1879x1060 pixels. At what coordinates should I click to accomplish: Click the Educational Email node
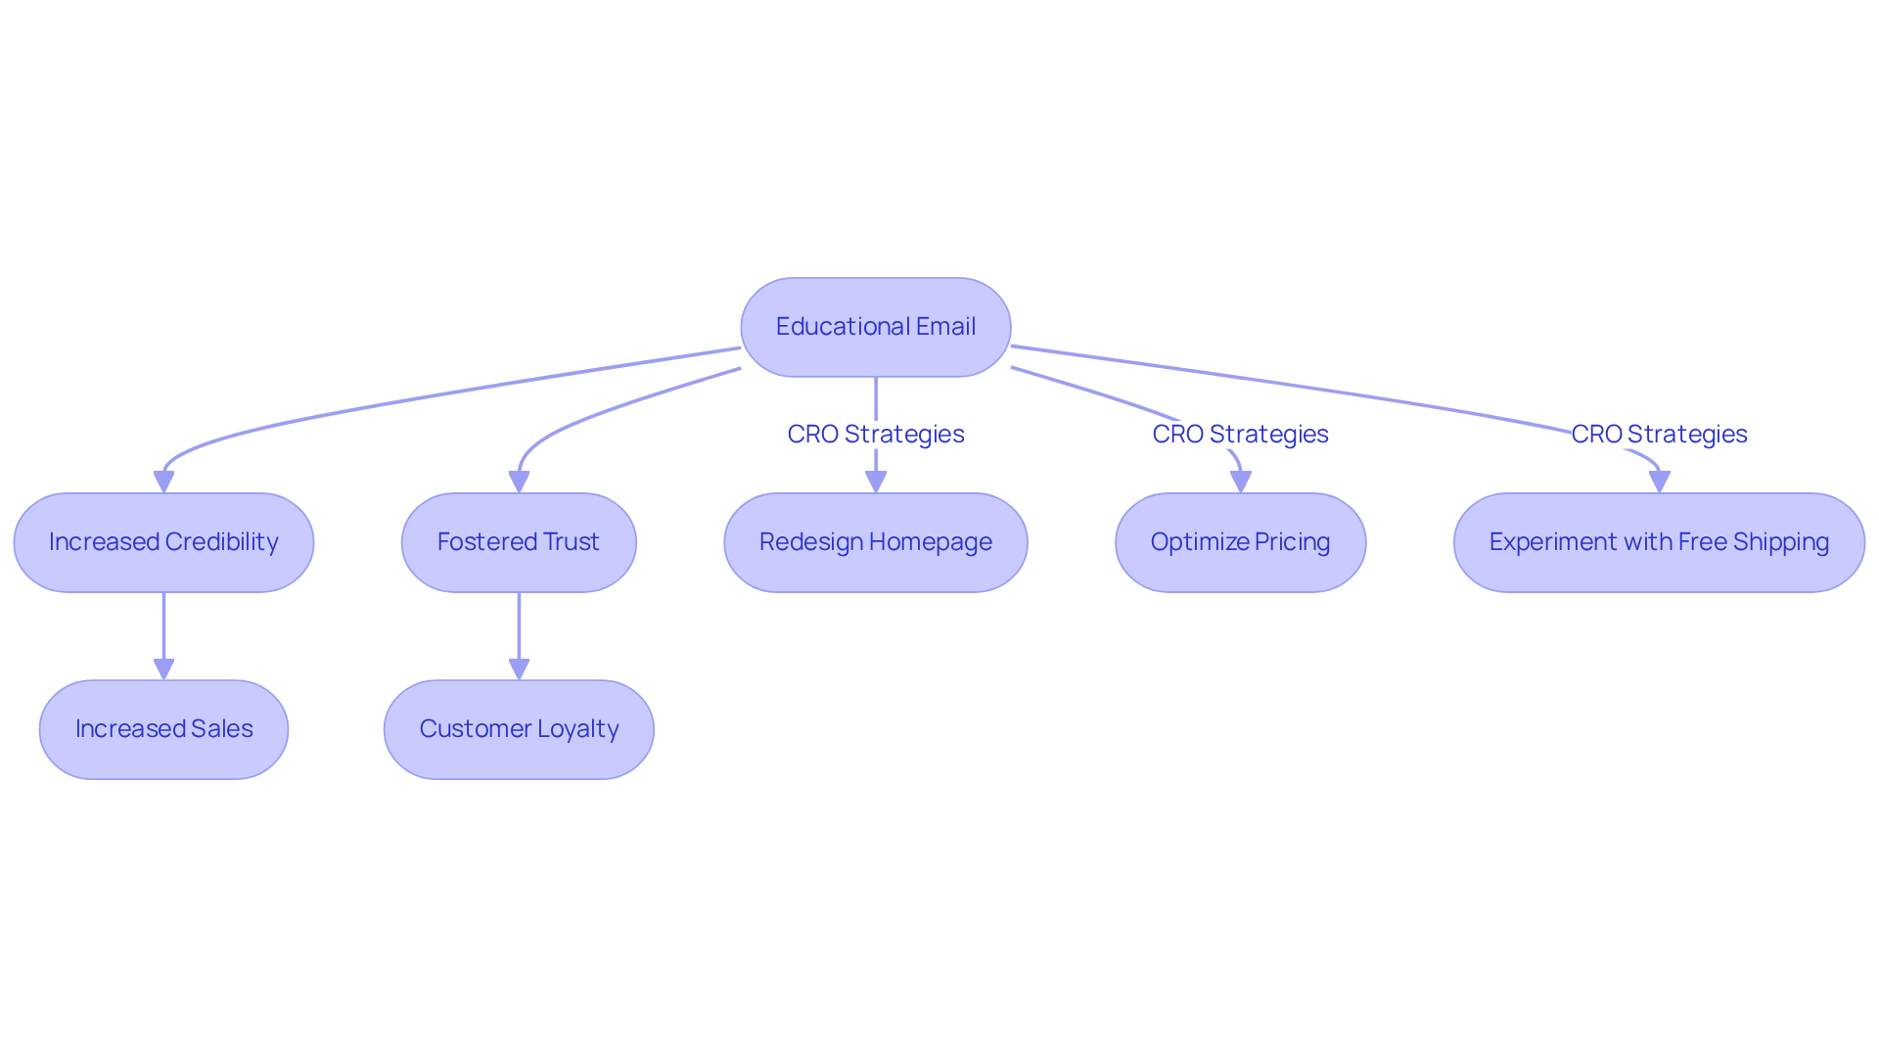(x=875, y=327)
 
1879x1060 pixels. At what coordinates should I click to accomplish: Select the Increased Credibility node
(x=163, y=542)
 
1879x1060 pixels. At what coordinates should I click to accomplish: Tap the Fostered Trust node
(x=519, y=542)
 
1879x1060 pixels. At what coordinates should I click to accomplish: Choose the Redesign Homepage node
(x=875, y=542)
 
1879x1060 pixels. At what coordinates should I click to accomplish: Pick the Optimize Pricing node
(x=1240, y=542)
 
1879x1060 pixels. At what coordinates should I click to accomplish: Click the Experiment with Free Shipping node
(x=1659, y=542)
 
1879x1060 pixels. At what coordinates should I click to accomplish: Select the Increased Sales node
(x=163, y=729)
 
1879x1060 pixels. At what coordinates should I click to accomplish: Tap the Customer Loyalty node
(x=519, y=729)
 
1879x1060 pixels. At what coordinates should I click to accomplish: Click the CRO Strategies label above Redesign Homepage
(x=875, y=434)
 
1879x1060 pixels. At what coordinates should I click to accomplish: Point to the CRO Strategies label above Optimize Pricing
(x=1240, y=434)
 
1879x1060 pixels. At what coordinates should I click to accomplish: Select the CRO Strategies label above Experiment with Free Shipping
(x=1659, y=434)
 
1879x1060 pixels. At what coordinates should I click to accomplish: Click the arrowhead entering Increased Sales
(x=163, y=669)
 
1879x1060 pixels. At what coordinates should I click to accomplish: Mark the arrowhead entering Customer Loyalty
(x=519, y=669)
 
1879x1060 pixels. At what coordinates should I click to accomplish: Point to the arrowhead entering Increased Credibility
(x=163, y=482)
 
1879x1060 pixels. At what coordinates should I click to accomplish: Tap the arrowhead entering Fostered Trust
(x=519, y=482)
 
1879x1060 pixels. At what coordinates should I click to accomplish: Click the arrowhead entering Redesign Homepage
(x=875, y=482)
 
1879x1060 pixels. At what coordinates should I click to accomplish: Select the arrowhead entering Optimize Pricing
(x=1240, y=482)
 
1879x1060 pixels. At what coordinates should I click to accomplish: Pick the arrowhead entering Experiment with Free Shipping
(x=1659, y=482)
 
